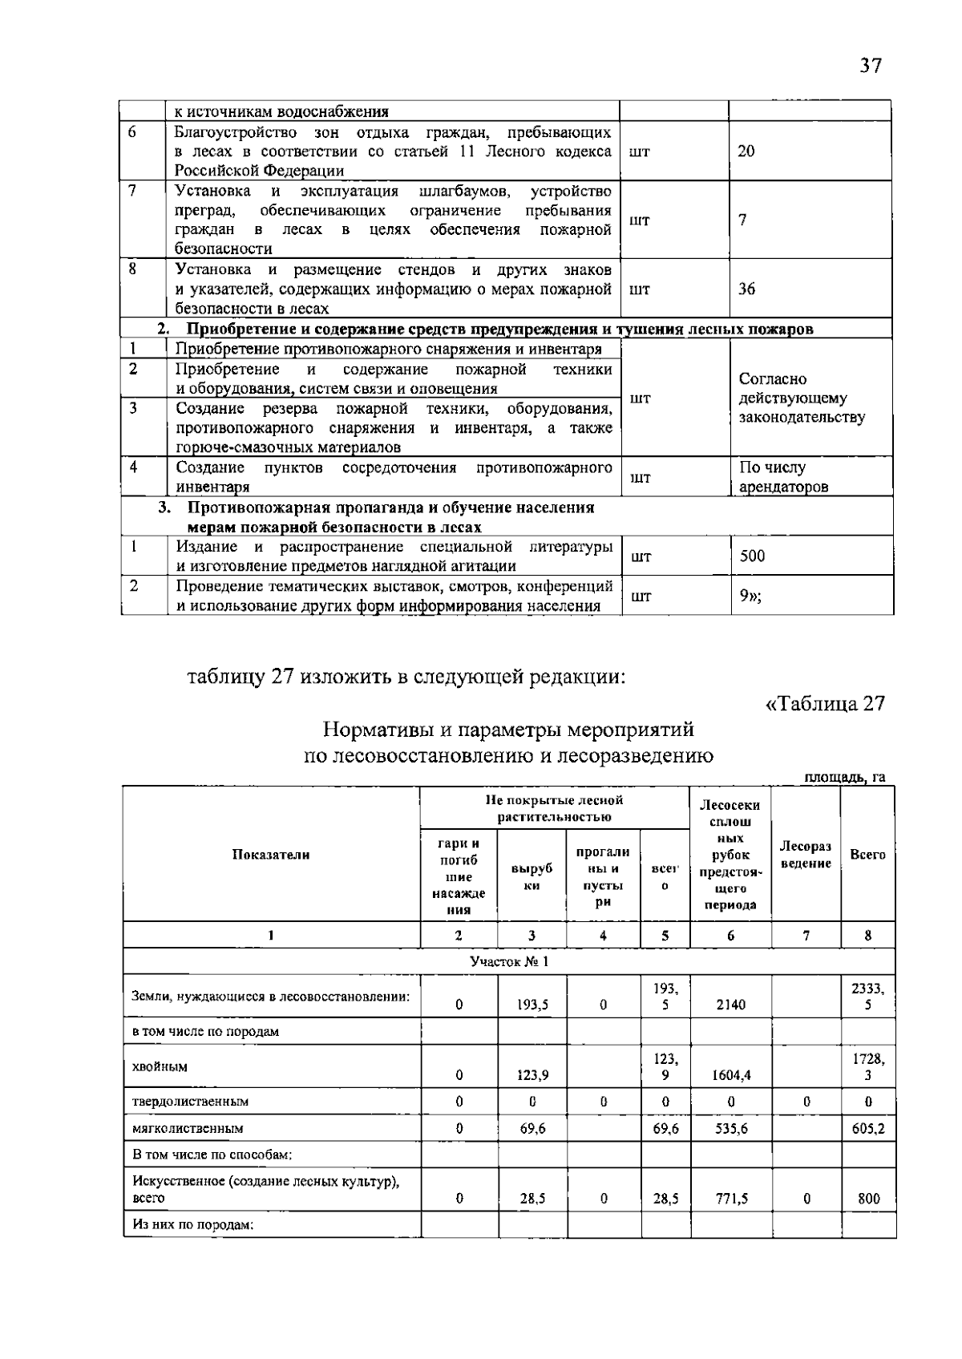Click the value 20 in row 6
click(746, 151)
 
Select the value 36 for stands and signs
click(746, 289)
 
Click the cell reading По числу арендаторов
click(782, 477)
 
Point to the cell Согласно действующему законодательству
click(801, 398)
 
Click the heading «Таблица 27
click(825, 703)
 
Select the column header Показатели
click(271, 855)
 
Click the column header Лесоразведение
click(806, 855)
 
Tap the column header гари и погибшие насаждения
click(459, 876)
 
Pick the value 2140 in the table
click(730, 1005)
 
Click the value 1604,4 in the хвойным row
click(730, 1076)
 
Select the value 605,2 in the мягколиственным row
click(867, 1128)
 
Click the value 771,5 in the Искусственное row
click(730, 1199)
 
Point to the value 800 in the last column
click(868, 1199)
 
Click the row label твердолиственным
click(190, 1102)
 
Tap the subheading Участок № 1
click(509, 961)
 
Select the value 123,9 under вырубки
click(532, 1076)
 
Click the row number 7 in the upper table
click(132, 190)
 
